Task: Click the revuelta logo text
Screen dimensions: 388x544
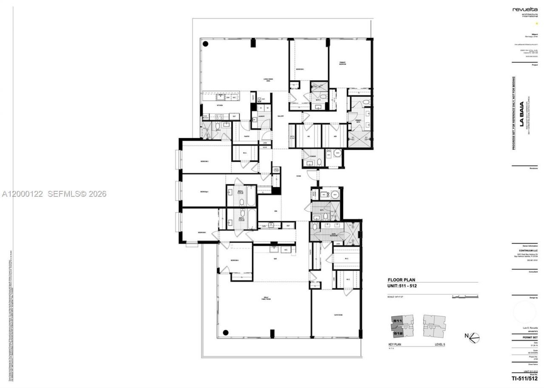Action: pyautogui.click(x=524, y=9)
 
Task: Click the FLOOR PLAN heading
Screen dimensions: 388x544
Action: pyautogui.click(x=401, y=280)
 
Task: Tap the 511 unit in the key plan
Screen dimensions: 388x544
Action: pyautogui.click(x=397, y=320)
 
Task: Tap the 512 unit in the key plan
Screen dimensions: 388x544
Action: pyautogui.click(x=398, y=333)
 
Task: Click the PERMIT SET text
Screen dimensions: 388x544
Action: pyautogui.click(x=530, y=337)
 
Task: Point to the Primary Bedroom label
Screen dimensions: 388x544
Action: pyautogui.click(x=343, y=63)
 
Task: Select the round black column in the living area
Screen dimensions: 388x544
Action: pyautogui.click(x=205, y=44)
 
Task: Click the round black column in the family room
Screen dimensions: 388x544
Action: pyautogui.click(x=226, y=332)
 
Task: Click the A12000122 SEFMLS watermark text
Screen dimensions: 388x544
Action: pyautogui.click(x=54, y=194)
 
